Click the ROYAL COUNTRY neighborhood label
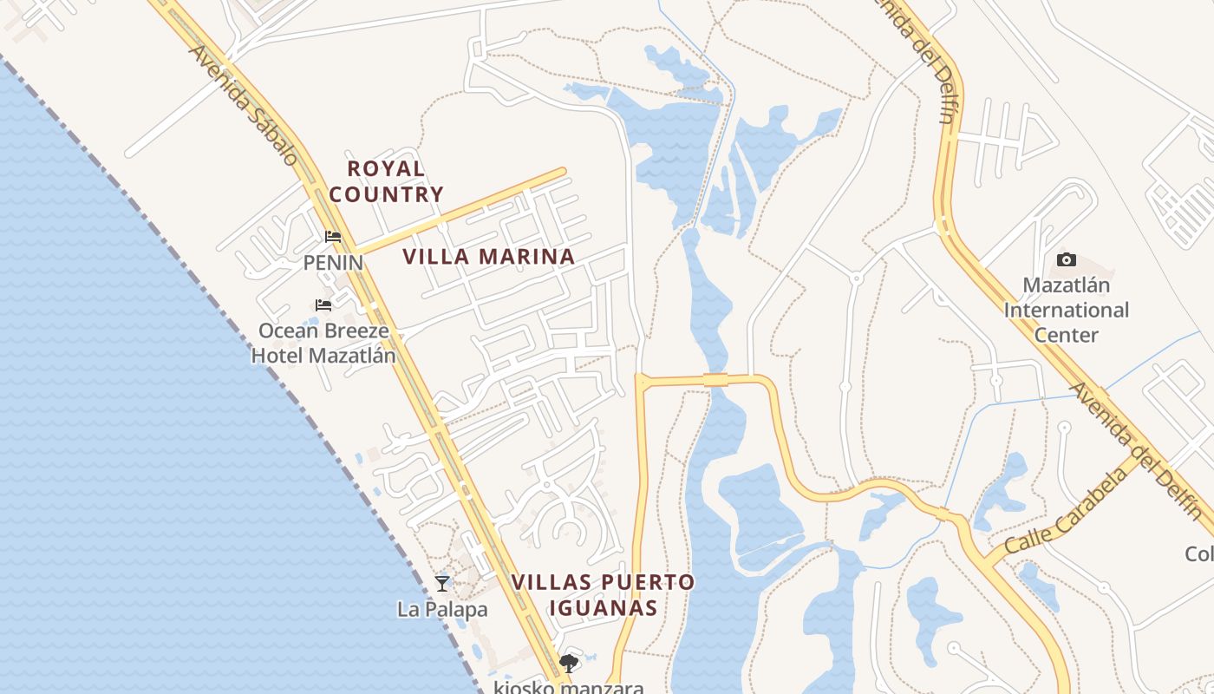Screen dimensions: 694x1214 [386, 181]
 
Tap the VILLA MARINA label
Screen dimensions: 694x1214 [489, 257]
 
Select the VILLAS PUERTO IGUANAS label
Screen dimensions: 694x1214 [603, 594]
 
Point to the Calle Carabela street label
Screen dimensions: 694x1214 [1067, 511]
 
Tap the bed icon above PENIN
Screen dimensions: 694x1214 [333, 236]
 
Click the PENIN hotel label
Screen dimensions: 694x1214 [333, 262]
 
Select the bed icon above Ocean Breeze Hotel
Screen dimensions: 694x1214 [323, 304]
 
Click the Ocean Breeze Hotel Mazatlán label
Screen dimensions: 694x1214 [323, 343]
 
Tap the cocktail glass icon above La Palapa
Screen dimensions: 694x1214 [442, 583]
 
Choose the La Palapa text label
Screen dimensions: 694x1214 [442, 610]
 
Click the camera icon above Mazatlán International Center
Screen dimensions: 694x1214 [1067, 259]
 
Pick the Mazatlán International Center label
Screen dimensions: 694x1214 [1067, 310]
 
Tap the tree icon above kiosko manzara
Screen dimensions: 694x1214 [569, 665]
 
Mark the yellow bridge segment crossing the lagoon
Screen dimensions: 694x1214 [715, 379]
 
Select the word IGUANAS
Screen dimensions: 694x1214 [603, 607]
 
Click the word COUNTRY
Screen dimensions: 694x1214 [386, 194]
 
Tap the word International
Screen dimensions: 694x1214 [1067, 310]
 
